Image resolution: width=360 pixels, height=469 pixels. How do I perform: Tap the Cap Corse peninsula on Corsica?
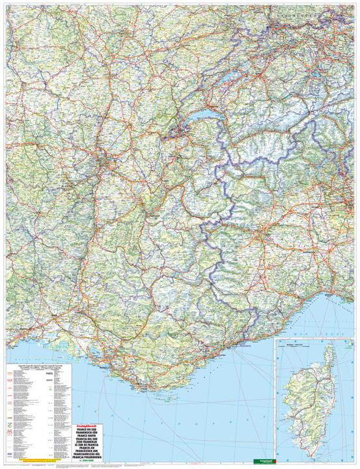pos(330,356)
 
